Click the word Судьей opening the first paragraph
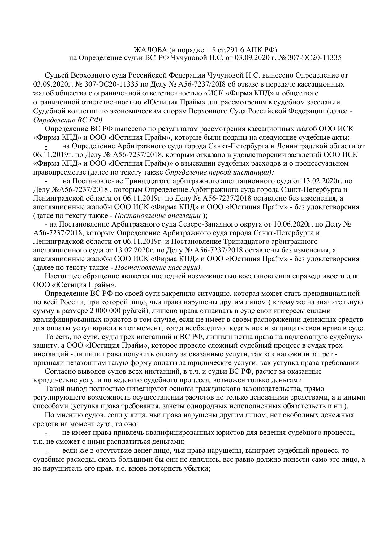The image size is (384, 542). point(57,75)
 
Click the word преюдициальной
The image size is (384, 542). point(331,293)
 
